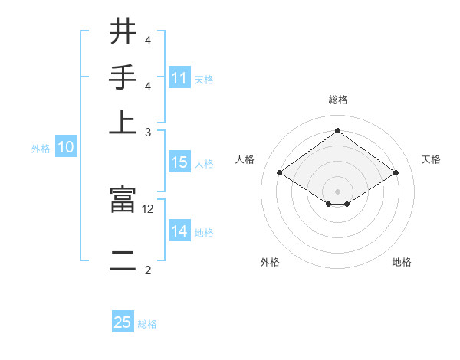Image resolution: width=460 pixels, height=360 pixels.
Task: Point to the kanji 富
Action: (x=123, y=200)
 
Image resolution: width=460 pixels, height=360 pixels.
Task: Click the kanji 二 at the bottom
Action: (x=123, y=259)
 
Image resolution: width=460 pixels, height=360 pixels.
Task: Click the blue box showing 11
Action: (x=179, y=78)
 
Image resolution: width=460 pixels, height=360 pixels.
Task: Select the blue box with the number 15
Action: (x=179, y=162)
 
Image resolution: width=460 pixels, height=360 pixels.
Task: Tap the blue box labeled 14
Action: (x=179, y=231)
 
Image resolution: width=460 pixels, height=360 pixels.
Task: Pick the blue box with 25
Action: (x=123, y=323)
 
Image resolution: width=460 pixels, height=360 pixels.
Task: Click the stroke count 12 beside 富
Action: (x=148, y=208)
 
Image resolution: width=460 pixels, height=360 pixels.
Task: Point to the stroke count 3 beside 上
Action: (x=148, y=132)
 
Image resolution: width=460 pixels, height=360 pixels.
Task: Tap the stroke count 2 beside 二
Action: (x=148, y=269)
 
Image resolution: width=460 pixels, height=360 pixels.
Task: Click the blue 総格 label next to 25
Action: (x=147, y=324)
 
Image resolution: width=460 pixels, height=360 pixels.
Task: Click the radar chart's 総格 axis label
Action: (x=337, y=100)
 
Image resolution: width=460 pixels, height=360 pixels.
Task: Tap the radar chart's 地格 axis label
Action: (x=402, y=263)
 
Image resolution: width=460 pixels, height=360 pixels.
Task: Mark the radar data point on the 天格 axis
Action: (x=396, y=173)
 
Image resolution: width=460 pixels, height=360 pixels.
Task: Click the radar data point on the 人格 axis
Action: (x=280, y=173)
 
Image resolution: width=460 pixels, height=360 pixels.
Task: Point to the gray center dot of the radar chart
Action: (x=337, y=191)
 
